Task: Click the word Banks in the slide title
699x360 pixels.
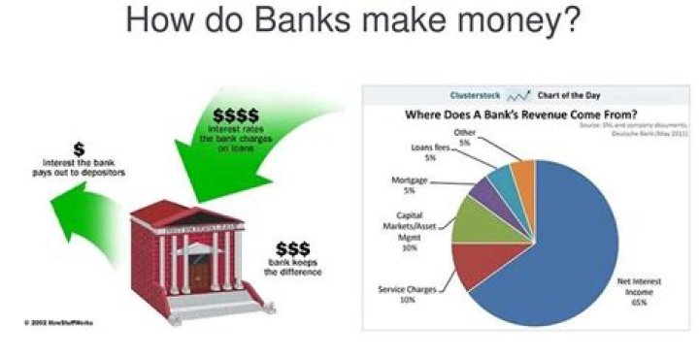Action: [296, 19]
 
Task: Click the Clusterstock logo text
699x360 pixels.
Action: [475, 96]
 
